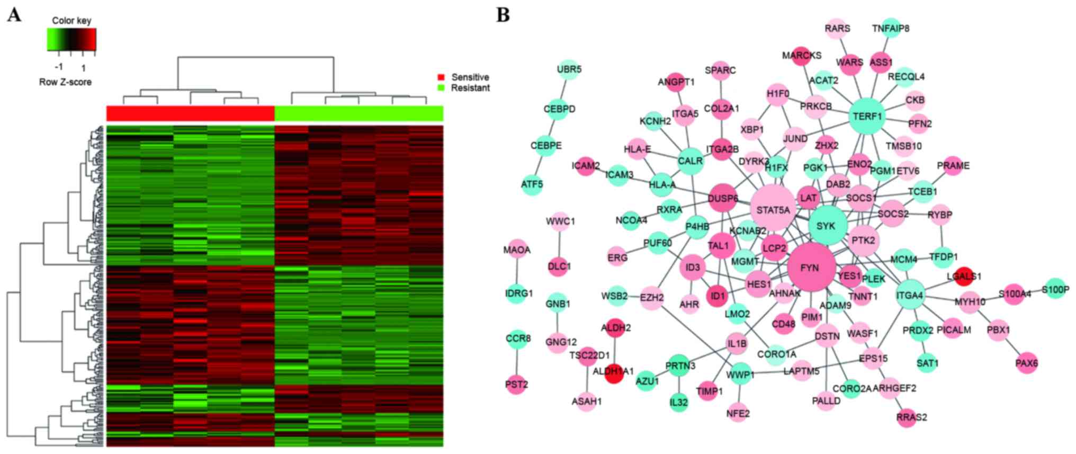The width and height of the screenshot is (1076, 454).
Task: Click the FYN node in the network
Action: (x=811, y=268)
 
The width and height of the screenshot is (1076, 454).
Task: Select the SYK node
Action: (x=827, y=226)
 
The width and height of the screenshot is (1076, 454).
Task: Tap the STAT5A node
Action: (x=773, y=209)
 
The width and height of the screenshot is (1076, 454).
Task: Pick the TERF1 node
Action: (x=867, y=116)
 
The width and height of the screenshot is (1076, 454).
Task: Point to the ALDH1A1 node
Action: (x=613, y=372)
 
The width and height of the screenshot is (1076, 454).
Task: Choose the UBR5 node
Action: (x=569, y=69)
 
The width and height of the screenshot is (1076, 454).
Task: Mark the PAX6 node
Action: (x=1027, y=363)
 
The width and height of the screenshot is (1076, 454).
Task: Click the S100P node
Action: (x=1055, y=289)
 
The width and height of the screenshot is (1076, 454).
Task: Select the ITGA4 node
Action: (x=910, y=295)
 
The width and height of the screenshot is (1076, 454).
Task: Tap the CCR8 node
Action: (x=517, y=338)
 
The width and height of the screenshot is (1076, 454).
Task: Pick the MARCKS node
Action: (x=802, y=55)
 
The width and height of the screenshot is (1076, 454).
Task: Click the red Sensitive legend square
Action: (x=441, y=77)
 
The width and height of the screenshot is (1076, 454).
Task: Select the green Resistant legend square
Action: (x=441, y=88)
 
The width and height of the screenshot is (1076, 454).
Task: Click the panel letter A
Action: (x=14, y=15)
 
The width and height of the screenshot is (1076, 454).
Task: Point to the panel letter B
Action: (x=503, y=15)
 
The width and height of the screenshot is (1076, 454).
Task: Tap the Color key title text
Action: (x=71, y=21)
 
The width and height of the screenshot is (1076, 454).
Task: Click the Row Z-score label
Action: (x=65, y=82)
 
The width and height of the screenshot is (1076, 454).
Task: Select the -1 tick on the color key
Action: (x=59, y=67)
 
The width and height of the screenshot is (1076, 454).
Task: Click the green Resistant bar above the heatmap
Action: (x=358, y=113)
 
